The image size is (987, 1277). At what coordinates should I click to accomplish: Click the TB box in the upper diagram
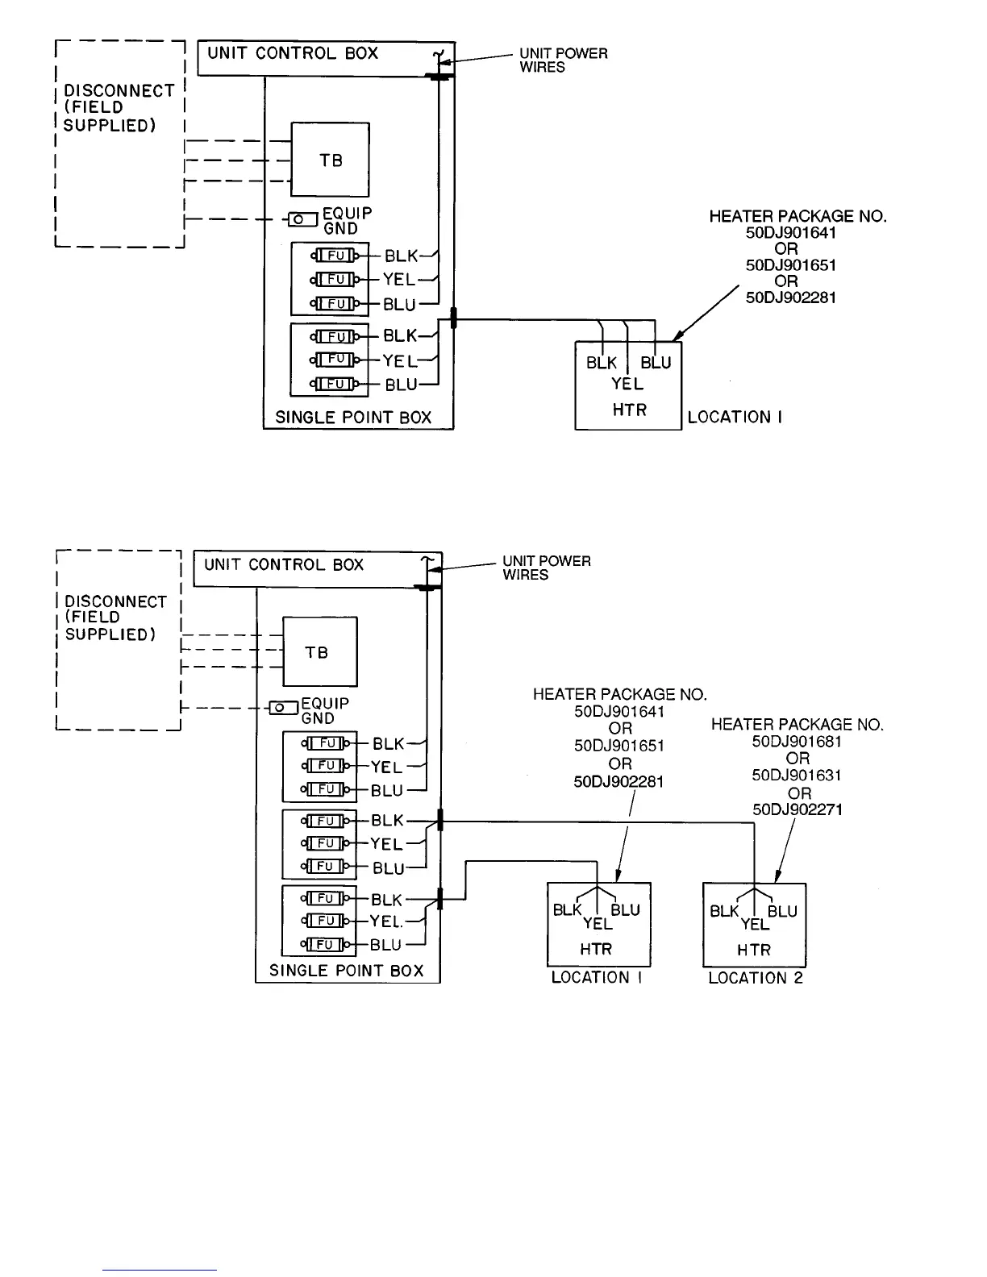coord(330,160)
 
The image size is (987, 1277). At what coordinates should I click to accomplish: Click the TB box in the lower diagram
coord(319,651)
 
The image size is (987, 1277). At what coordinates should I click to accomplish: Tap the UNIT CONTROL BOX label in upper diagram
coord(293,54)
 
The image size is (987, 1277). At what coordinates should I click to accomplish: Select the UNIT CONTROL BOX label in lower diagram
coord(284,565)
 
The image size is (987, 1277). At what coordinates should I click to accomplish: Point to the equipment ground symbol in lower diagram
coord(282,708)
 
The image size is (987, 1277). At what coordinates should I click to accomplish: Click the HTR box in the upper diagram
coord(628,385)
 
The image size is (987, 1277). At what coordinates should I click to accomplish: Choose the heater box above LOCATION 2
coord(754,925)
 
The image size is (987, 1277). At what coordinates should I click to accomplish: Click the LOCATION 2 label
coord(756,978)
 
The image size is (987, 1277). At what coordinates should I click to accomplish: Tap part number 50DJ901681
coord(797,742)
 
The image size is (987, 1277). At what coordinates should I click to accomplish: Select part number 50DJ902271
coord(797,809)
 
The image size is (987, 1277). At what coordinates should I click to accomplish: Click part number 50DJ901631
coord(797,776)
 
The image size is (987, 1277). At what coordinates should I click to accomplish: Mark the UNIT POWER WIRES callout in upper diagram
coord(563,60)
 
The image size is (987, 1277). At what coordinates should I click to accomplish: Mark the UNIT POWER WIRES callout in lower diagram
coord(546,568)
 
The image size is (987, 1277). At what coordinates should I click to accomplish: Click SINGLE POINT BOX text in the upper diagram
coord(353,418)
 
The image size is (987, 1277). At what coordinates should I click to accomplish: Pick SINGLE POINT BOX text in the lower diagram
coord(346,971)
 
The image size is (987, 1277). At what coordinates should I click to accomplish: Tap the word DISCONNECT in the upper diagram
coord(119,91)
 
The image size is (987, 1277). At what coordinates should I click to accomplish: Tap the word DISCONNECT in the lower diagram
coord(115,602)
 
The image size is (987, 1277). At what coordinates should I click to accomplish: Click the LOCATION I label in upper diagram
coord(734,418)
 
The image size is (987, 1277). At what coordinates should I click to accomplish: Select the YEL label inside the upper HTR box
coord(627,384)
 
